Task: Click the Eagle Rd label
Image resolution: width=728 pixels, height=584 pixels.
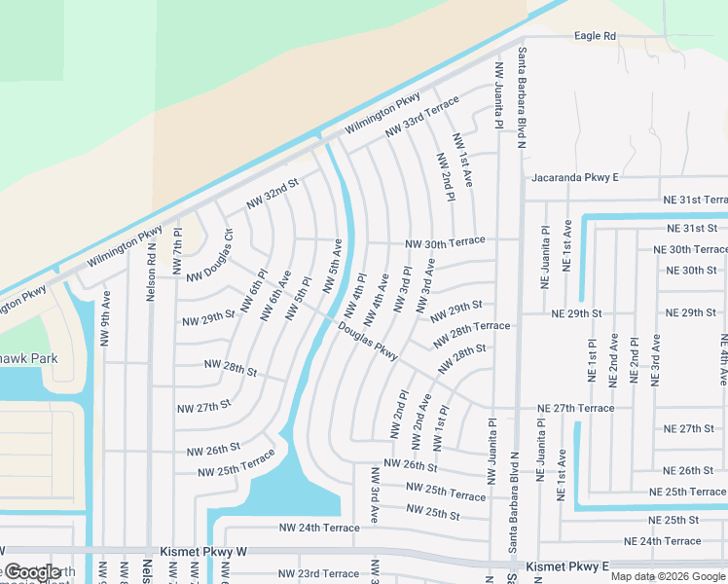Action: pos(595,36)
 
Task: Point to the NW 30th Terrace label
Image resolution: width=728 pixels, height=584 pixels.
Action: pos(445,242)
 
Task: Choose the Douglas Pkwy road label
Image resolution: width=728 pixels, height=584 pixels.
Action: pos(368,343)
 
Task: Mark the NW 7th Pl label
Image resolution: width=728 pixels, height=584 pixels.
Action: pos(177,252)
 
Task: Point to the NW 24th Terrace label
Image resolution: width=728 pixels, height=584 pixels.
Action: pos(319,528)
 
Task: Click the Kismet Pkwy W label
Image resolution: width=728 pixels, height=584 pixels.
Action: pos(206,552)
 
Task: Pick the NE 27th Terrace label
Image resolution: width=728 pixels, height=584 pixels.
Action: pos(577,408)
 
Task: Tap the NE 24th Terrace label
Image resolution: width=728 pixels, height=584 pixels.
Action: pos(662,541)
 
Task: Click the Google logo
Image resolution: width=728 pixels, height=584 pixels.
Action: pos(31,572)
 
